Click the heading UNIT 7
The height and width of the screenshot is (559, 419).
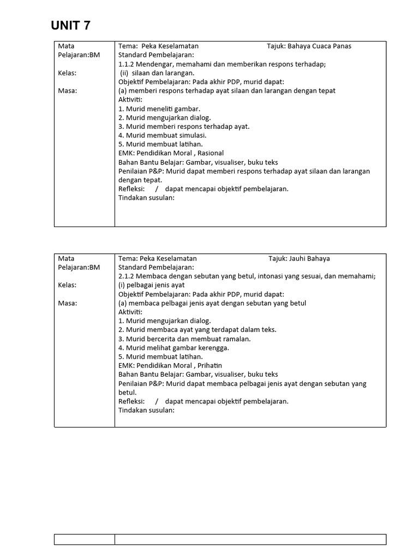click(x=71, y=25)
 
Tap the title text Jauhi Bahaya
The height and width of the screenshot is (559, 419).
click(x=309, y=259)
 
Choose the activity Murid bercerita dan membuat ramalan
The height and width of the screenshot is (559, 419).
click(x=177, y=339)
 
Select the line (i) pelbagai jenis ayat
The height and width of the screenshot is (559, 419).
click(x=152, y=285)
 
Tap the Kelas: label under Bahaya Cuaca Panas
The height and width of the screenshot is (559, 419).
click(x=67, y=73)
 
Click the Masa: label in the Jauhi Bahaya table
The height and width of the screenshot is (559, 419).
click(x=67, y=303)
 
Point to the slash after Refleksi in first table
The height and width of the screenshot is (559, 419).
click(x=156, y=189)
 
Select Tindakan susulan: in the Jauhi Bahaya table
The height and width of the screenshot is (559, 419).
click(x=146, y=410)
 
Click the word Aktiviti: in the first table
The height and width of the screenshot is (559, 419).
click(x=130, y=99)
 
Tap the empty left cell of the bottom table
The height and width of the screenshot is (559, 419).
click(x=84, y=539)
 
